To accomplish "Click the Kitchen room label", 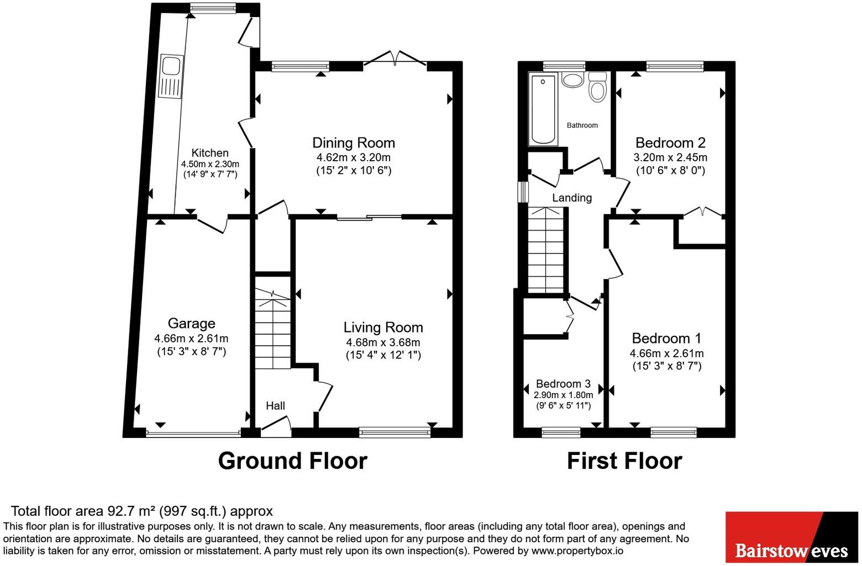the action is pos(210,152).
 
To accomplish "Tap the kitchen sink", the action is pos(171,77).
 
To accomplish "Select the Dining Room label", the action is pos(354,142).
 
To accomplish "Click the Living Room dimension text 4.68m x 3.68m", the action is pos(383,342).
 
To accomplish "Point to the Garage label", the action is pos(191,324).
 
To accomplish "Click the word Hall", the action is pos(276,406).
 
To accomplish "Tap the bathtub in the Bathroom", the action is pos(543,110).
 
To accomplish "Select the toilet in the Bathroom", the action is pos(598,87).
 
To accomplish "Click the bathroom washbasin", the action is pos(573,80).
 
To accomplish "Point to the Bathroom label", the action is pos(582,125).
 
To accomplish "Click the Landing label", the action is pos(572,198).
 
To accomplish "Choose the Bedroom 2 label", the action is pos(670,142).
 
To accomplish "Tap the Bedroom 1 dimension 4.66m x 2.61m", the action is pos(666,353).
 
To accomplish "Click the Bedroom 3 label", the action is pos(564,384).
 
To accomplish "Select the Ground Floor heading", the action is pos(292,461).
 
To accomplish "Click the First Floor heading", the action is pos(624,461).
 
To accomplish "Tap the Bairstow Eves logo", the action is pos(792,537).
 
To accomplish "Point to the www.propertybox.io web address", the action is pos(577,551).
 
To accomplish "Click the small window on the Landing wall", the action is pos(523,192).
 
